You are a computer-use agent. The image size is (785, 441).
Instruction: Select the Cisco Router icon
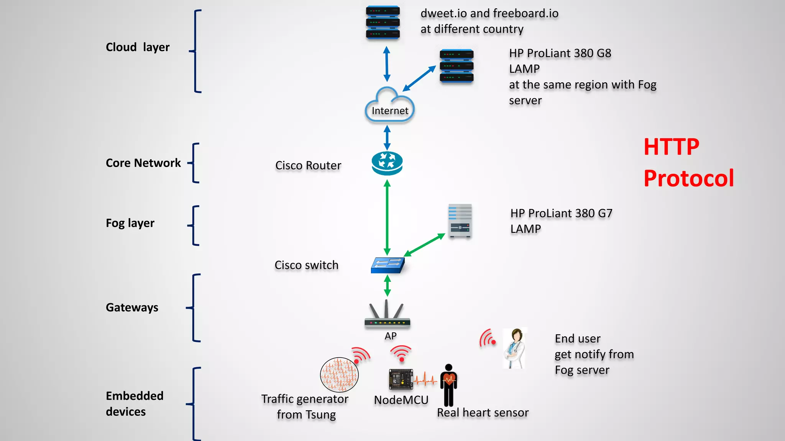point(387,163)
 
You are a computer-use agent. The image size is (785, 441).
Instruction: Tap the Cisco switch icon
point(388,265)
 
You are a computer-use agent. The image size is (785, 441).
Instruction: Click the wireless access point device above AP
point(387,316)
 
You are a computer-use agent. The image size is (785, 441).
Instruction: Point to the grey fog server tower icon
point(460,221)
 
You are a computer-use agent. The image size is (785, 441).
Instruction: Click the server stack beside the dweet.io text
point(383,22)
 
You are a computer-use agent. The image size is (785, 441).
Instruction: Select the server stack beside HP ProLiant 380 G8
point(456,66)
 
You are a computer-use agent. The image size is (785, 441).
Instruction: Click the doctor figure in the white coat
point(515,348)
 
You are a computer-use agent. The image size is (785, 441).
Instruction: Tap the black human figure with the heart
point(448,385)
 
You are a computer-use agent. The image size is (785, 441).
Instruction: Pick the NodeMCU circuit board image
point(401,379)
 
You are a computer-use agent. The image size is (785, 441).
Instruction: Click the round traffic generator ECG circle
point(339,375)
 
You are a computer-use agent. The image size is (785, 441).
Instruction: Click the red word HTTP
point(671,147)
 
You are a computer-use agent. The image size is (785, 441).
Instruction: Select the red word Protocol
point(688,178)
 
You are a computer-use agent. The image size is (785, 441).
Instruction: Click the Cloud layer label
point(138,47)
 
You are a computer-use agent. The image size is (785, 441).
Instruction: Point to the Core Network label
point(143,163)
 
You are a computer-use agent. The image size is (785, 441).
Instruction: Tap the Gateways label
point(132,307)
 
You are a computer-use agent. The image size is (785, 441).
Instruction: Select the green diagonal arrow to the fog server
point(424,245)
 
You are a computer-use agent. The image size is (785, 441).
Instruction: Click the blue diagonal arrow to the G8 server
point(419,78)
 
